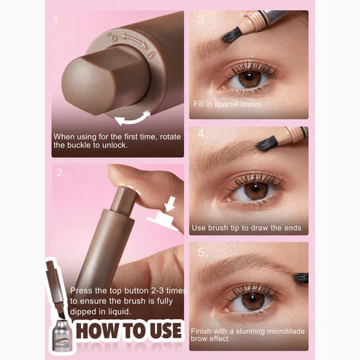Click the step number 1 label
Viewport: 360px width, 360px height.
pos(57,20)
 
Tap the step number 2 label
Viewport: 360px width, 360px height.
pos(59,173)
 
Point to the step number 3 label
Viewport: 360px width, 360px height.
pos(199,20)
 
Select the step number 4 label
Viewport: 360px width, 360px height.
pos(199,134)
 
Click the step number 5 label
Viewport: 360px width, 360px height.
pos(199,251)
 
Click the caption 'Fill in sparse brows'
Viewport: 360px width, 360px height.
pos(226,104)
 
